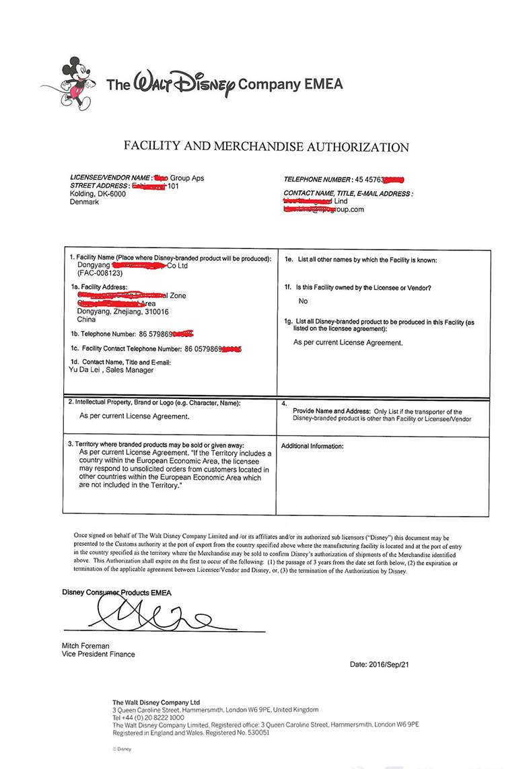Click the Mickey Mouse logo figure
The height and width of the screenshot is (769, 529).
pyautogui.click(x=75, y=84)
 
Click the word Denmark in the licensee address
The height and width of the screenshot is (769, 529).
pyautogui.click(x=84, y=202)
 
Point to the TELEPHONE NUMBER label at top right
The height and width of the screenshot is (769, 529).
pyautogui.click(x=317, y=180)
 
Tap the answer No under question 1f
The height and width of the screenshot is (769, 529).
pyautogui.click(x=303, y=301)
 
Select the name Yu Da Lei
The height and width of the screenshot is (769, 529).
pyautogui.click(x=85, y=370)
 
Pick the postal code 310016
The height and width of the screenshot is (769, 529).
pyautogui.click(x=155, y=312)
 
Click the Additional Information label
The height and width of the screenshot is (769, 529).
pyautogui.click(x=312, y=446)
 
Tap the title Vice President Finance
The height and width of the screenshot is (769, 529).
pyautogui.click(x=98, y=654)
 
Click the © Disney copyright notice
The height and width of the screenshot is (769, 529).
pyautogui.click(x=122, y=748)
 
